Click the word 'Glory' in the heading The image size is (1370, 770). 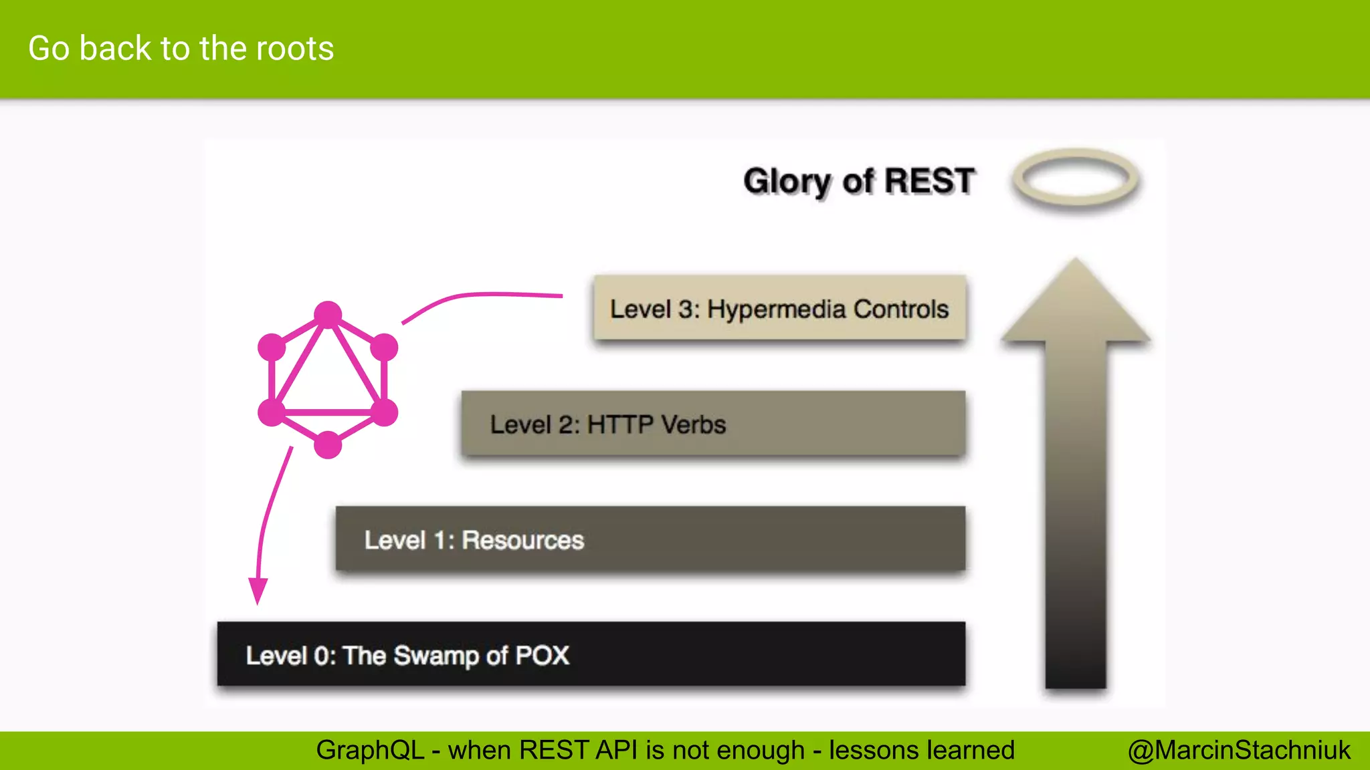tap(787, 181)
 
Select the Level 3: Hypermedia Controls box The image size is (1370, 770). tap(779, 308)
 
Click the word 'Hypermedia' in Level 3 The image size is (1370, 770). tap(777, 309)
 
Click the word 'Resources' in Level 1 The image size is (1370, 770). tap(523, 540)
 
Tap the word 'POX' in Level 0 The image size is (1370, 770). tap(542, 656)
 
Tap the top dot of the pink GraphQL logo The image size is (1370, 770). tap(328, 315)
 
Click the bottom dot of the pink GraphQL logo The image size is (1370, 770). tap(328, 444)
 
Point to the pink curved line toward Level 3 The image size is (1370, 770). tap(482, 295)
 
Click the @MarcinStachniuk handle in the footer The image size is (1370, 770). tap(1239, 751)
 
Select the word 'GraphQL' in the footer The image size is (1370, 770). tap(370, 751)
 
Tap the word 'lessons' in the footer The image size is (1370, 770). tap(872, 751)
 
